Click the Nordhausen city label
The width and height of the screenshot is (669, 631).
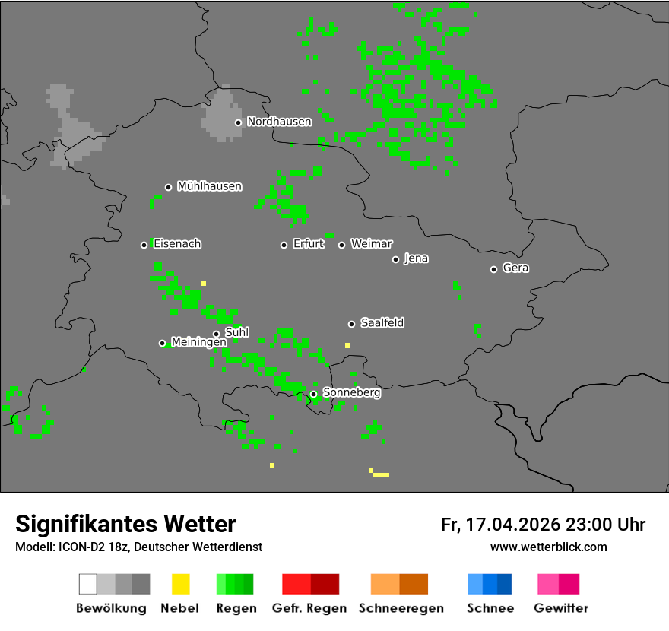click(279, 122)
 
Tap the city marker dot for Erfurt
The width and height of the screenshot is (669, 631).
click(284, 245)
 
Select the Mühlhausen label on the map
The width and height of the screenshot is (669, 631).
click(209, 186)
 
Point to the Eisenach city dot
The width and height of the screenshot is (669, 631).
click(144, 245)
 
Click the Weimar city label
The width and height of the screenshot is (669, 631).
click(371, 244)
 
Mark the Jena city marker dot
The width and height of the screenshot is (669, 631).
click(395, 259)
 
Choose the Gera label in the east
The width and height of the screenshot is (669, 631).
click(515, 268)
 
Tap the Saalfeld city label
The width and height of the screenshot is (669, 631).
click(382, 323)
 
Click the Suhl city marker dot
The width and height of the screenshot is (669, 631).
click(216, 334)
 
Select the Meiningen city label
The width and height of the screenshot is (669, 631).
click(198, 343)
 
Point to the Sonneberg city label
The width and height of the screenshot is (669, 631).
click(351, 393)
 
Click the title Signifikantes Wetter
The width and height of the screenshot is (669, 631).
click(125, 524)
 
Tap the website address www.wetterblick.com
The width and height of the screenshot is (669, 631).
click(548, 547)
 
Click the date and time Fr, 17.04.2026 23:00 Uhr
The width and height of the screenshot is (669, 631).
click(543, 525)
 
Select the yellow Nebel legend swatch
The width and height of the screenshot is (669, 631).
click(180, 584)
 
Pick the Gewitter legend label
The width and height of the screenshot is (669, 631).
click(560, 608)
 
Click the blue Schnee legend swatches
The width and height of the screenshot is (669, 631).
click(490, 584)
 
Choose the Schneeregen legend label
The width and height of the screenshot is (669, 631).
click(401, 608)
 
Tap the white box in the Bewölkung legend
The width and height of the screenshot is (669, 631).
click(88, 584)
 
